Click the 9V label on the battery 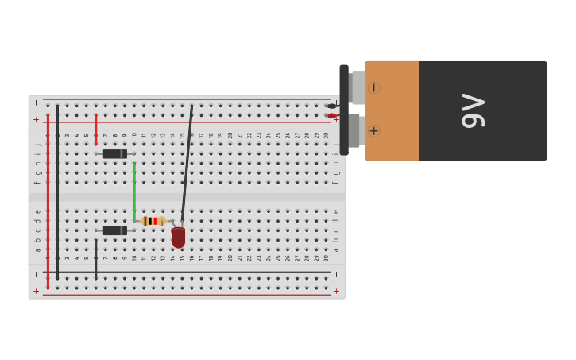473,110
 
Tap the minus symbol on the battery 373,87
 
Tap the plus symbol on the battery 373,130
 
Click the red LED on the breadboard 178,237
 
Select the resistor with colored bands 153,221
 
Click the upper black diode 114,153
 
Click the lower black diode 114,230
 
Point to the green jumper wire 134,191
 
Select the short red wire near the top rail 96,130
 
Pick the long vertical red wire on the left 48,199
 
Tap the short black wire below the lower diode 96,259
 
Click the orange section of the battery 392,110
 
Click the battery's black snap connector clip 344,110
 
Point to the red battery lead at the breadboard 331,116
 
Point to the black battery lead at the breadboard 331,106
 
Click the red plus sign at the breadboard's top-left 36,119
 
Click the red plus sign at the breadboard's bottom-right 336,291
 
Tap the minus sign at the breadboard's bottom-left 36,274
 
